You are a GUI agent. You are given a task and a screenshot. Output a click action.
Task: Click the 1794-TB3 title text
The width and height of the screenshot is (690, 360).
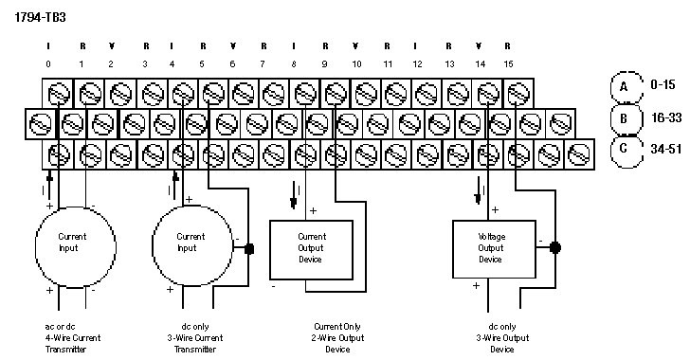tap(40, 17)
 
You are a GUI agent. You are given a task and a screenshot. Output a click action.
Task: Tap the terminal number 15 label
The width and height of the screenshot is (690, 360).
tap(508, 64)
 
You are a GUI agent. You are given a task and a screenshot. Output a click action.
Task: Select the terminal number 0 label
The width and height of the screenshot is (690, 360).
tap(48, 64)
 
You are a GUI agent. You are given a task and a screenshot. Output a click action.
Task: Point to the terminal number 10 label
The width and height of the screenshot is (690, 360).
tap(356, 64)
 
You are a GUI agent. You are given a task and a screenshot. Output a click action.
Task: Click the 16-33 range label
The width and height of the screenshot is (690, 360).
tap(665, 117)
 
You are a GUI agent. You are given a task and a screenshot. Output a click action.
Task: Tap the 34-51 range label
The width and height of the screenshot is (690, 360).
tap(665, 149)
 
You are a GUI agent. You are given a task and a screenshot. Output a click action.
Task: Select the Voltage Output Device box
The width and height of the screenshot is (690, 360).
tap(494, 249)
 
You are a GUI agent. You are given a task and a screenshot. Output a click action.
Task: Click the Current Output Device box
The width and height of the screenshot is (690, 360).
tap(311, 250)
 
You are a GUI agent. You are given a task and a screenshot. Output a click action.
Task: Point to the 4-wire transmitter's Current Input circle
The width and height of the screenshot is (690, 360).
tap(76, 247)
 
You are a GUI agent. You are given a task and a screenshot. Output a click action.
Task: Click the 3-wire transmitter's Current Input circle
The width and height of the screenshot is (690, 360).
tap(192, 246)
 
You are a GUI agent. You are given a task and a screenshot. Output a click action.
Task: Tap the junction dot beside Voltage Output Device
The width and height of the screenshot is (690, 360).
tap(555, 248)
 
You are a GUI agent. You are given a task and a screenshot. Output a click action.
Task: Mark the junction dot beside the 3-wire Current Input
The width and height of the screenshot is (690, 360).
tap(249, 248)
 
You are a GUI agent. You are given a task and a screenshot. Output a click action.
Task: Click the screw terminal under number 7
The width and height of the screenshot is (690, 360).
tap(274, 94)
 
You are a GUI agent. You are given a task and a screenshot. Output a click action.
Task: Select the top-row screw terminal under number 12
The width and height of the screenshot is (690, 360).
tap(427, 94)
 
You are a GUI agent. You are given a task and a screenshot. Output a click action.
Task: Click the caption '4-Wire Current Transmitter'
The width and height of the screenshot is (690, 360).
tap(73, 344)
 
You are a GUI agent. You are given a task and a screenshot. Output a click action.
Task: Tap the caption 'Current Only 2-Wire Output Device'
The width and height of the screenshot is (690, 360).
tap(338, 338)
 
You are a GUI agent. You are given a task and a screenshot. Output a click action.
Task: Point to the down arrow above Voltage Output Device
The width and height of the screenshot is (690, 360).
tap(479, 190)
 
